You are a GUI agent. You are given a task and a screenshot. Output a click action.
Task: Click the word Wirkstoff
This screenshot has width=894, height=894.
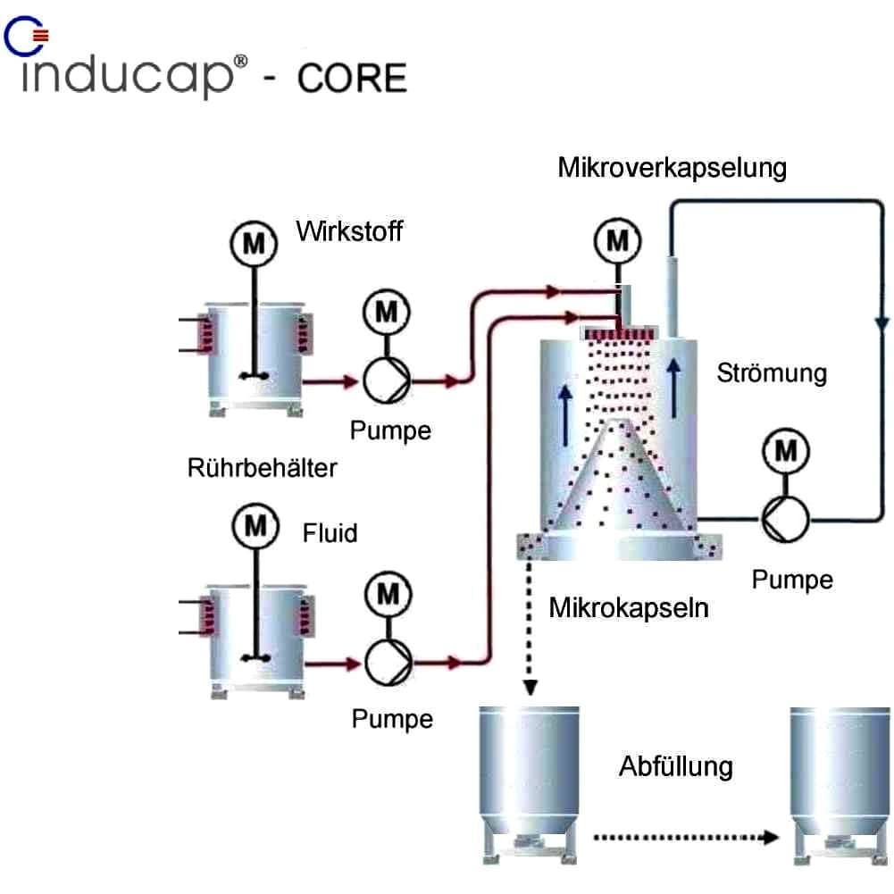(x=349, y=232)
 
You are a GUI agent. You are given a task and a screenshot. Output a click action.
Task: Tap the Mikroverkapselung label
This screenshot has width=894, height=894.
(x=672, y=167)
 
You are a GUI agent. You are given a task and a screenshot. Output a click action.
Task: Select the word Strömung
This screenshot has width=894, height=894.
(x=772, y=372)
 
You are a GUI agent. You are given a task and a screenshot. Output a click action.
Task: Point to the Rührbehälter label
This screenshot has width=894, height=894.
(x=263, y=466)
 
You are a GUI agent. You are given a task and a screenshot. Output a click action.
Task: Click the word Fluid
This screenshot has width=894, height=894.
(x=330, y=533)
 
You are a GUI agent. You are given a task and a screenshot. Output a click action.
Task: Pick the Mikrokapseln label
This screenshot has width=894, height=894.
(x=629, y=609)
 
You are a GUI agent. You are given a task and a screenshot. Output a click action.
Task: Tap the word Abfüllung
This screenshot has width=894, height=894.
(x=675, y=765)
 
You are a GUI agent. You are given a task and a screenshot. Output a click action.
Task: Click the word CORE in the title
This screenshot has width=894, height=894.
(x=352, y=79)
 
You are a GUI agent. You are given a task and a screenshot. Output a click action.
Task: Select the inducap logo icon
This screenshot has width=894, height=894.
(x=28, y=36)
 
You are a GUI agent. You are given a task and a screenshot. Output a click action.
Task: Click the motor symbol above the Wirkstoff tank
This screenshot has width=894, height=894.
(x=254, y=243)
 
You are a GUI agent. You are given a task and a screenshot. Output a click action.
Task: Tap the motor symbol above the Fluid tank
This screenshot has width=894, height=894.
(x=255, y=526)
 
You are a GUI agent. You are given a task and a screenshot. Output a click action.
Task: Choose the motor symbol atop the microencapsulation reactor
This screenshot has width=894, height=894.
(x=617, y=240)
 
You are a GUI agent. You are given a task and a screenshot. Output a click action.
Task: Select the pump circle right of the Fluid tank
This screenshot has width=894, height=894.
(x=388, y=662)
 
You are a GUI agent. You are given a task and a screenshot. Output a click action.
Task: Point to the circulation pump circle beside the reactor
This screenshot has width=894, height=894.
(x=784, y=516)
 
